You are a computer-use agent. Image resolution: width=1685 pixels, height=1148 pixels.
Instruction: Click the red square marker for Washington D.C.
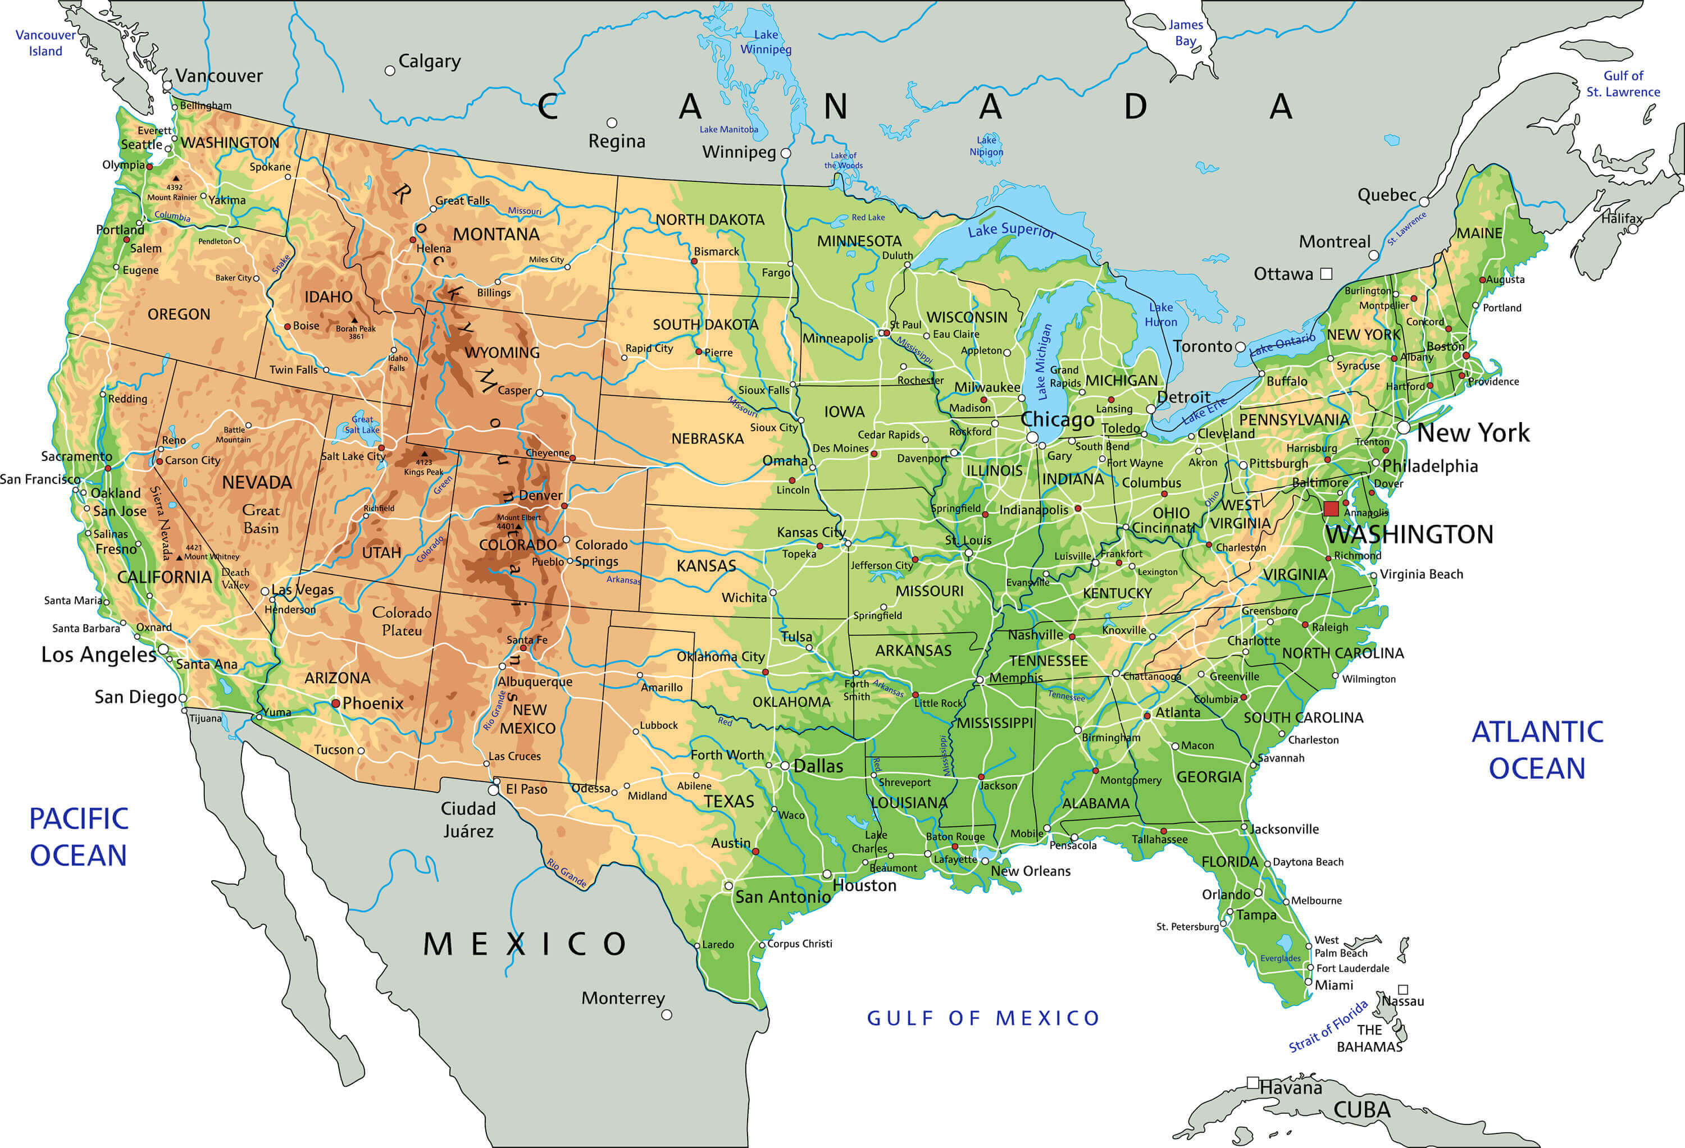point(1331,509)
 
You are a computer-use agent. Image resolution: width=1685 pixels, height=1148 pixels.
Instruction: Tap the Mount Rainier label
point(172,197)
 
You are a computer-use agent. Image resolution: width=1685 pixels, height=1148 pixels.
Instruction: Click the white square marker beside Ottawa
point(1326,274)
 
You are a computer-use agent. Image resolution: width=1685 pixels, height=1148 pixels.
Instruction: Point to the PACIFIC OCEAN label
point(78,837)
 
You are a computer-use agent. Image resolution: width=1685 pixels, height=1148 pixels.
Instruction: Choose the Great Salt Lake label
point(362,425)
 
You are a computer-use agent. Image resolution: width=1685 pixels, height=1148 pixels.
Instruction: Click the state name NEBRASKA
point(707,438)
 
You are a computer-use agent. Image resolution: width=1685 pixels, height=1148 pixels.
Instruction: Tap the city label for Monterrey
point(622,998)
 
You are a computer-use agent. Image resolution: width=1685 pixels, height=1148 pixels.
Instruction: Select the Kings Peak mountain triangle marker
point(424,454)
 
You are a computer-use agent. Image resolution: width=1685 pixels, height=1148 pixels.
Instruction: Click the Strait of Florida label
point(1328,1026)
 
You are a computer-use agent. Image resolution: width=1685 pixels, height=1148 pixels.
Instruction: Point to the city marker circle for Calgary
point(390,71)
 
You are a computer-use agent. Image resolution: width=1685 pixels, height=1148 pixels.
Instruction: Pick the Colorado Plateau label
point(402,621)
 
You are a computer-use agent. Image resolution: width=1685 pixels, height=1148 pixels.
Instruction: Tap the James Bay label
point(1186,33)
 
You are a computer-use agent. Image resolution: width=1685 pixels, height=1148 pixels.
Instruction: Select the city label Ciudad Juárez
point(468,820)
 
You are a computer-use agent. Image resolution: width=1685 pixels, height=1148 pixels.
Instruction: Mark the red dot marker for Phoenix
point(336,704)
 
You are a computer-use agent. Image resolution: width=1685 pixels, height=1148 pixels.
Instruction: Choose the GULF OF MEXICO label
point(983,1018)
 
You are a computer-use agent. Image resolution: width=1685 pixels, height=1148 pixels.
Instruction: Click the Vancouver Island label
point(45,43)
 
